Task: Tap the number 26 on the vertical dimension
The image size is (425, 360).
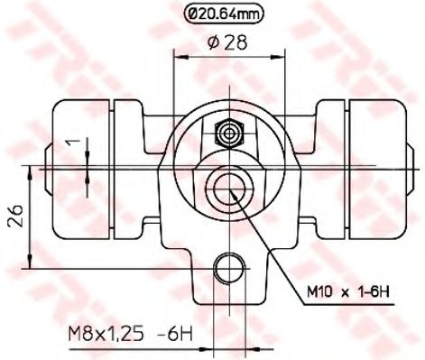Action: pyautogui.click(x=14, y=217)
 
